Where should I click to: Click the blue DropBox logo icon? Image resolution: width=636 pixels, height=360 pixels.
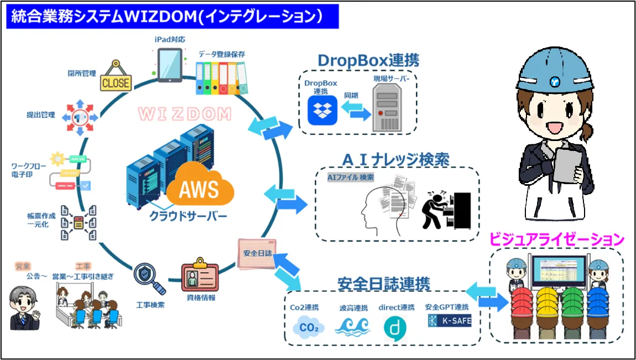point(322,110)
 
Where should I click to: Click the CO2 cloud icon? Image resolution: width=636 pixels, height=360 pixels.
point(307,327)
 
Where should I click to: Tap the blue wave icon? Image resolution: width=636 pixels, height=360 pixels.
point(352,326)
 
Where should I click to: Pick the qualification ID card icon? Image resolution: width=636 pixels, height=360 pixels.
point(200,276)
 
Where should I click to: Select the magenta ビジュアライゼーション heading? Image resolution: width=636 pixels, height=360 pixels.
point(557,240)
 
